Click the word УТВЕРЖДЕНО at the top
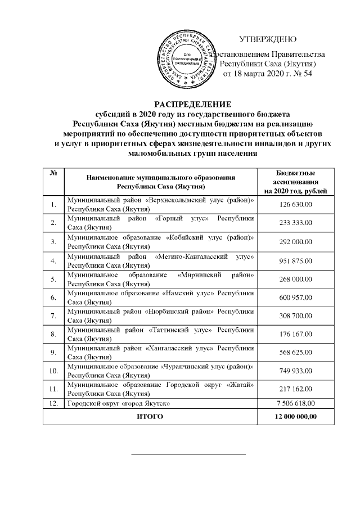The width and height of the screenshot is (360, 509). [x=268, y=39]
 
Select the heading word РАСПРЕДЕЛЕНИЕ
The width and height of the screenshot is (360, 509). [x=193, y=104]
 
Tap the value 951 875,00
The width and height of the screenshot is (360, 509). [x=296, y=261]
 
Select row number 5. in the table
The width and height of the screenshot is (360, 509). [x=53, y=280]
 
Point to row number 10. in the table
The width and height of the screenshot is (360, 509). [x=54, y=372]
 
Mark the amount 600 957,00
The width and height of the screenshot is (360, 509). [x=296, y=298]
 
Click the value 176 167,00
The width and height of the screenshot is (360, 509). [x=296, y=335]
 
